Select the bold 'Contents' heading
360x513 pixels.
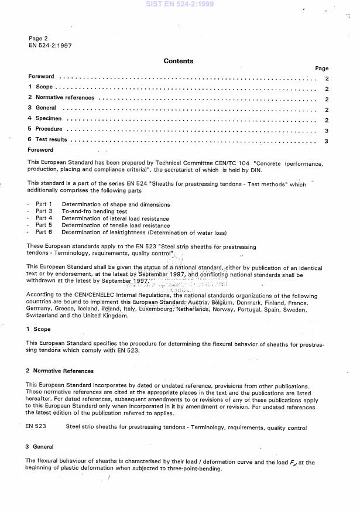(x=179, y=61)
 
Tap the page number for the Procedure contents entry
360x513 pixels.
(x=326, y=130)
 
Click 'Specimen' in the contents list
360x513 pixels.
(x=49, y=119)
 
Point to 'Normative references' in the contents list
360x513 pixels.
(x=65, y=98)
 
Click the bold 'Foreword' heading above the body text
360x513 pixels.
(x=40, y=151)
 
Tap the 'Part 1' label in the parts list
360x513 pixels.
(x=44, y=205)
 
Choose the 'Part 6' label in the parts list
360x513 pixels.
(x=44, y=232)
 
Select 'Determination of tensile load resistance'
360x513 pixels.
(x=116, y=225)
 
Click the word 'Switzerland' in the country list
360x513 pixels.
(x=44, y=316)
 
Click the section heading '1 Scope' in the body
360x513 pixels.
(x=39, y=330)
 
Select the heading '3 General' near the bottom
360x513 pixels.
(x=40, y=447)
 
